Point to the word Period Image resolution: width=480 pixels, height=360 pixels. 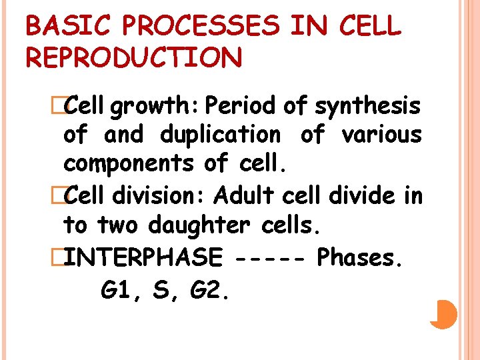(241, 105)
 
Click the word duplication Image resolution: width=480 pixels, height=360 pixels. (220, 135)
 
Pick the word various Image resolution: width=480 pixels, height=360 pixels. (381, 135)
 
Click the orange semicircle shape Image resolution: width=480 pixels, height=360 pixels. (443, 314)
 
